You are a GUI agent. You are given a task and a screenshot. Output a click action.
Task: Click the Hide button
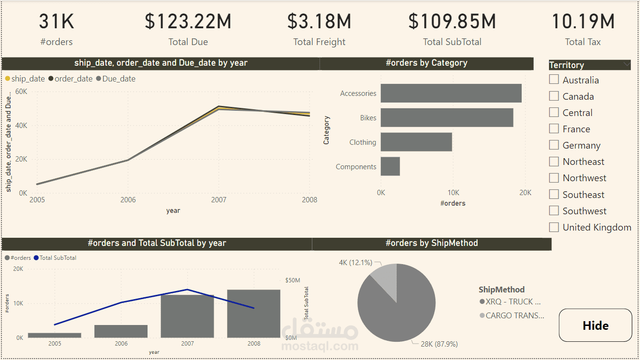pyautogui.click(x=595, y=325)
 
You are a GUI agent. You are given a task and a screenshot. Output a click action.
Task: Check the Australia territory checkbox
pyautogui.click(x=554, y=80)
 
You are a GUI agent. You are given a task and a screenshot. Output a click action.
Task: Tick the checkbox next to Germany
pyautogui.click(x=554, y=145)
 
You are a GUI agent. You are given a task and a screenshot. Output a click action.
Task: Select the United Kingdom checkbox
pyautogui.click(x=554, y=227)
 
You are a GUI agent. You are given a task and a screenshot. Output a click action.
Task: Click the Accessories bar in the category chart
pyautogui.click(x=451, y=93)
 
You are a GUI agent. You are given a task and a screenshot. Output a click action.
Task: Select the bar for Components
pyautogui.click(x=390, y=166)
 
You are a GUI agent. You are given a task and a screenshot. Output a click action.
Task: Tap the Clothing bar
pyautogui.click(x=416, y=142)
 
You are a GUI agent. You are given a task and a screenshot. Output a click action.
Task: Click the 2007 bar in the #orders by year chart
pyautogui.click(x=187, y=316)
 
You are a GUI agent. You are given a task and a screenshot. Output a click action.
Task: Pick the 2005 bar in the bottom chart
pyautogui.click(x=54, y=335)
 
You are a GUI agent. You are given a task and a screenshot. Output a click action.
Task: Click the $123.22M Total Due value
pyautogui.click(x=188, y=22)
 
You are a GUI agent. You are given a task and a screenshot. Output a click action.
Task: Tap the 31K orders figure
pyautogui.click(x=57, y=22)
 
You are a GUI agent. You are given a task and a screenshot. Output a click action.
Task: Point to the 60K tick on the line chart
pyautogui.click(x=21, y=91)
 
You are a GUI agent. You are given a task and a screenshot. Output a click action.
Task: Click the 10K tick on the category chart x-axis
pyautogui.click(x=453, y=193)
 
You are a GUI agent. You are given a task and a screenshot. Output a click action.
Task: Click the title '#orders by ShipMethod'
pyautogui.click(x=432, y=243)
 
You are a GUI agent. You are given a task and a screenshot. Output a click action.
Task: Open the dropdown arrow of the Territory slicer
pyautogui.click(x=627, y=64)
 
